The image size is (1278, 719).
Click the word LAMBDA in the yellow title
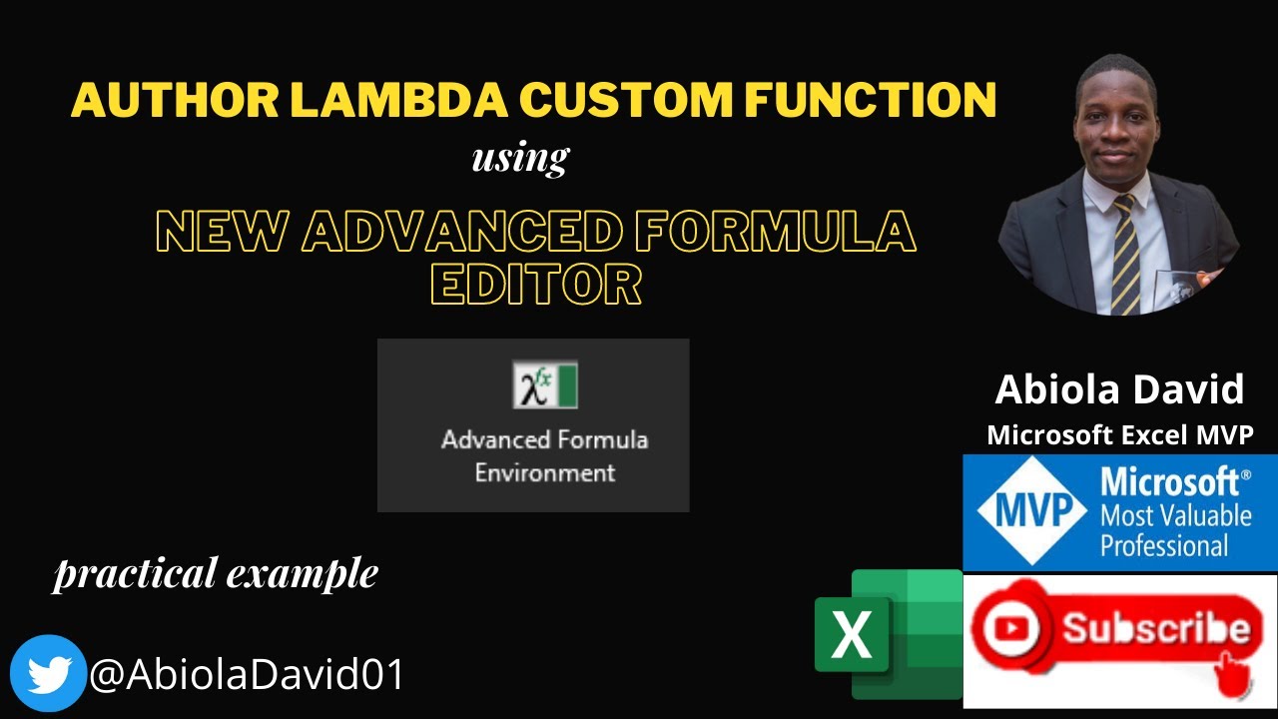click(x=398, y=100)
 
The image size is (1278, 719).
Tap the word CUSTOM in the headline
click(x=625, y=100)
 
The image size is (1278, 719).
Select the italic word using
click(x=520, y=158)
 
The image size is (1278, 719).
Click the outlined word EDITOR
click(x=536, y=284)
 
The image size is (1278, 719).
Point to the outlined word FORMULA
click(x=776, y=231)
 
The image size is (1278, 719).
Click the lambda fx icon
click(x=545, y=384)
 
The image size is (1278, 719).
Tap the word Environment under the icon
click(x=545, y=473)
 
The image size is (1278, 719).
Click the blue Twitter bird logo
click(x=48, y=673)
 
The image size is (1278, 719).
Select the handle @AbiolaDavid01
click(x=247, y=674)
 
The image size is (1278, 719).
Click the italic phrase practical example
click(x=215, y=573)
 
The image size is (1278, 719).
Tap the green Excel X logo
click(x=889, y=634)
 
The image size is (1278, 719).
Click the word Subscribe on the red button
click(x=1156, y=628)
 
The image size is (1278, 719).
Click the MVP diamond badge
click(x=1032, y=510)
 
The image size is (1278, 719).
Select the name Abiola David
click(x=1119, y=389)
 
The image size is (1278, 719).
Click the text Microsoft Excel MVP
click(x=1120, y=434)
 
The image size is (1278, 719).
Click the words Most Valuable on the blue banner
click(x=1176, y=516)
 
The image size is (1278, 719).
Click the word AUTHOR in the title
click(x=175, y=100)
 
